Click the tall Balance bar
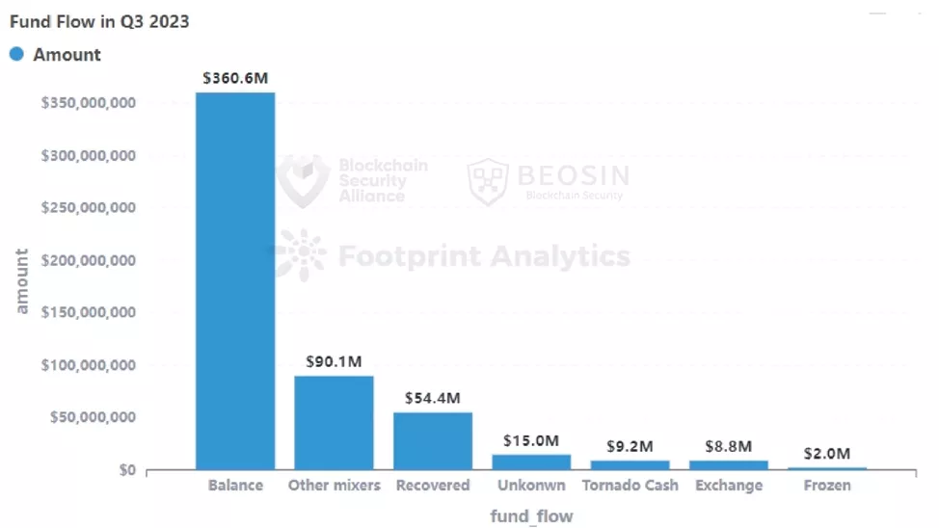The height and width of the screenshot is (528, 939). [235, 280]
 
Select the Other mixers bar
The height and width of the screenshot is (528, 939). [334, 422]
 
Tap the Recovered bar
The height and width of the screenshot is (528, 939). [433, 440]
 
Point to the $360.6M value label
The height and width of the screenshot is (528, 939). [235, 78]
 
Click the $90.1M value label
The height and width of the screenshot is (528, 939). [334, 361]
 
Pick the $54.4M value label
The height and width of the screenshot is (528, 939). [433, 398]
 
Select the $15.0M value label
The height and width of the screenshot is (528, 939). [531, 440]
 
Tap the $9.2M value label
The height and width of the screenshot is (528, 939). [630, 446]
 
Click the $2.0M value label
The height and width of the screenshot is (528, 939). [827, 453]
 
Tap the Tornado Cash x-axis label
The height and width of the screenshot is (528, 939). [630, 485]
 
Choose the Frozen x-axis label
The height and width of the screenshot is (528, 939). [827, 485]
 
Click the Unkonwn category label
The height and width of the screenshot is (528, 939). [531, 485]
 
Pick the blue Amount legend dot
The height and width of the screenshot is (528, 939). [16, 55]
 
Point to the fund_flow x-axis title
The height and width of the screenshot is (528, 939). [531, 516]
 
